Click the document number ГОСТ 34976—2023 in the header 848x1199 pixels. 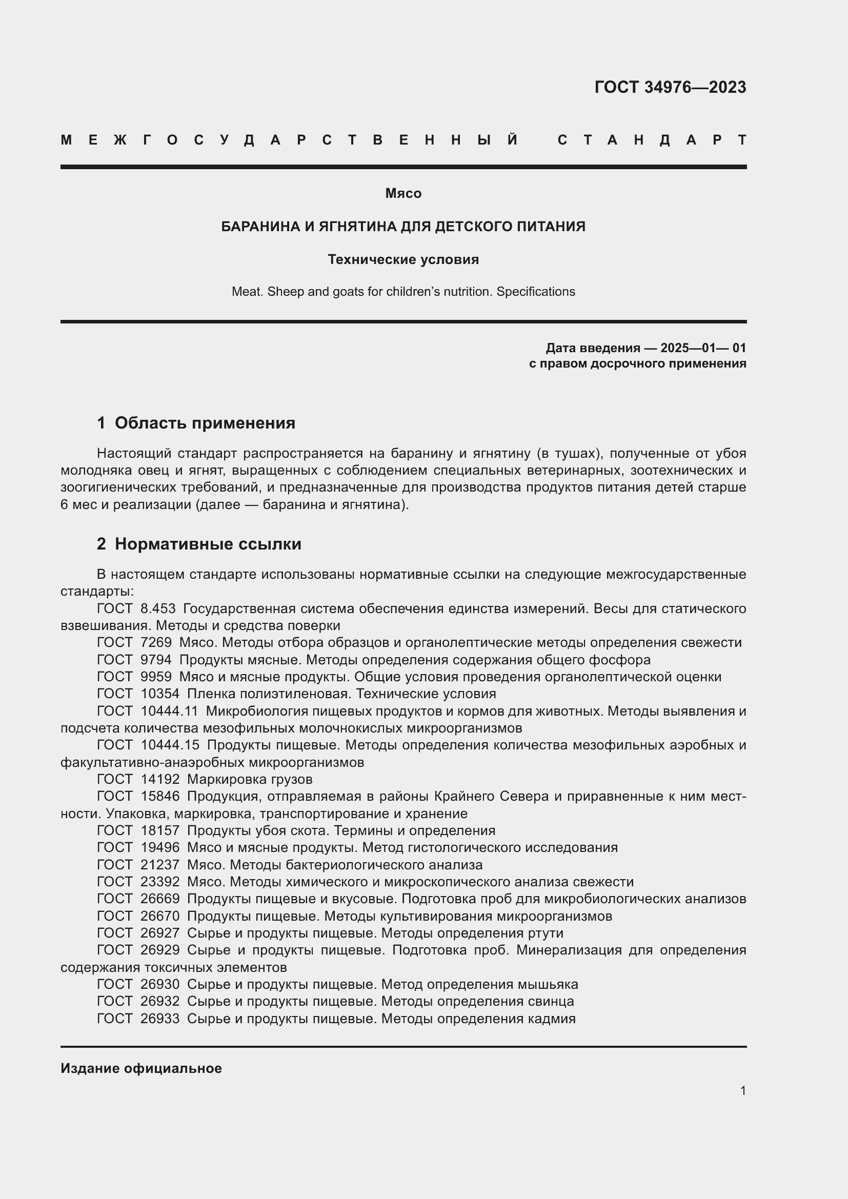[670, 87]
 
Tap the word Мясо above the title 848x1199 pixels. [403, 193]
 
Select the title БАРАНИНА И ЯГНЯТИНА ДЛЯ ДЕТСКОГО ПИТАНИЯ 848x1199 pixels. [403, 227]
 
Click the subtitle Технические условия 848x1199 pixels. [403, 259]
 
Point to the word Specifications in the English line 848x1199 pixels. [535, 291]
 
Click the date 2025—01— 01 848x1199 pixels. [703, 348]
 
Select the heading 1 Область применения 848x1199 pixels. [196, 423]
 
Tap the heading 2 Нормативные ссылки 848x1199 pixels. [199, 544]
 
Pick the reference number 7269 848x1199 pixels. [156, 642]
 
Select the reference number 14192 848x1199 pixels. [160, 780]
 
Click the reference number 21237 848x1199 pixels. [160, 865]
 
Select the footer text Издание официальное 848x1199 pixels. [141, 1068]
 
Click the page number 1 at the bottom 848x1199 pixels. [742, 1090]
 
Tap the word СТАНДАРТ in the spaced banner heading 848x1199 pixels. [652, 140]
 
